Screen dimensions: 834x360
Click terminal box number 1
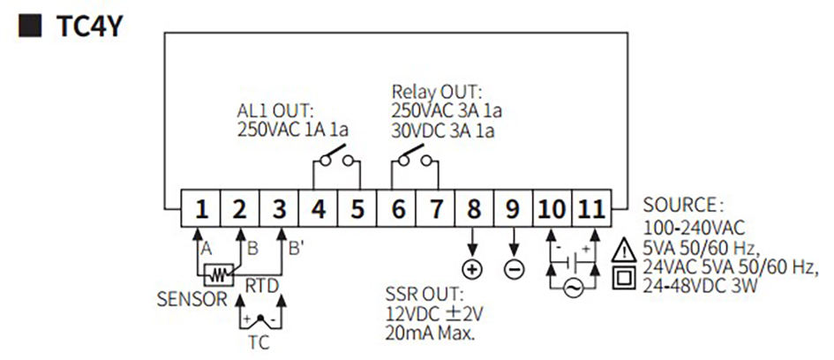(201, 209)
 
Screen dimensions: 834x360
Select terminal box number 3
(279, 209)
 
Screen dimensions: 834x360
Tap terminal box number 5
(357, 209)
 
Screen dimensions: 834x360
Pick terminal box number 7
(436, 209)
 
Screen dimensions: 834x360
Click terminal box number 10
(552, 209)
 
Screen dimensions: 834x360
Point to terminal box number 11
(592, 209)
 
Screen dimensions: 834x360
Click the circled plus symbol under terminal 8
(472, 270)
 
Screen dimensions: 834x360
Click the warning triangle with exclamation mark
(624, 250)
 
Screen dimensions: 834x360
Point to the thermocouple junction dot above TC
(260, 318)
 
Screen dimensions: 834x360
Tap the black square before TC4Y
(30, 26)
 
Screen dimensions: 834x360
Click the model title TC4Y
(89, 26)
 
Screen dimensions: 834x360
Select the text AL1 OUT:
(275, 112)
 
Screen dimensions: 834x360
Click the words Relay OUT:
(436, 92)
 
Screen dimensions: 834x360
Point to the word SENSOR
(192, 300)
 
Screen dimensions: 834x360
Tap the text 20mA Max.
(429, 334)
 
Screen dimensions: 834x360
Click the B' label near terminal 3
(296, 248)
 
